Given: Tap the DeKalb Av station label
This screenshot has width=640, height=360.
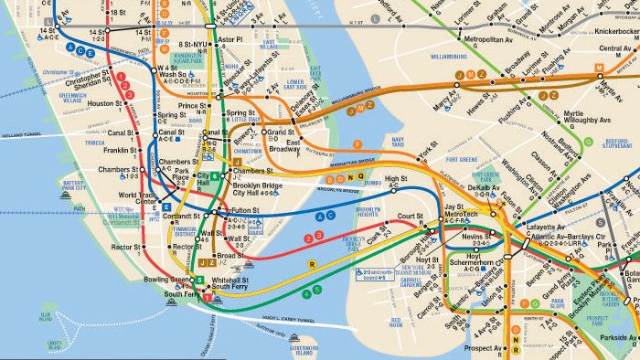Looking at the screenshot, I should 477,188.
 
